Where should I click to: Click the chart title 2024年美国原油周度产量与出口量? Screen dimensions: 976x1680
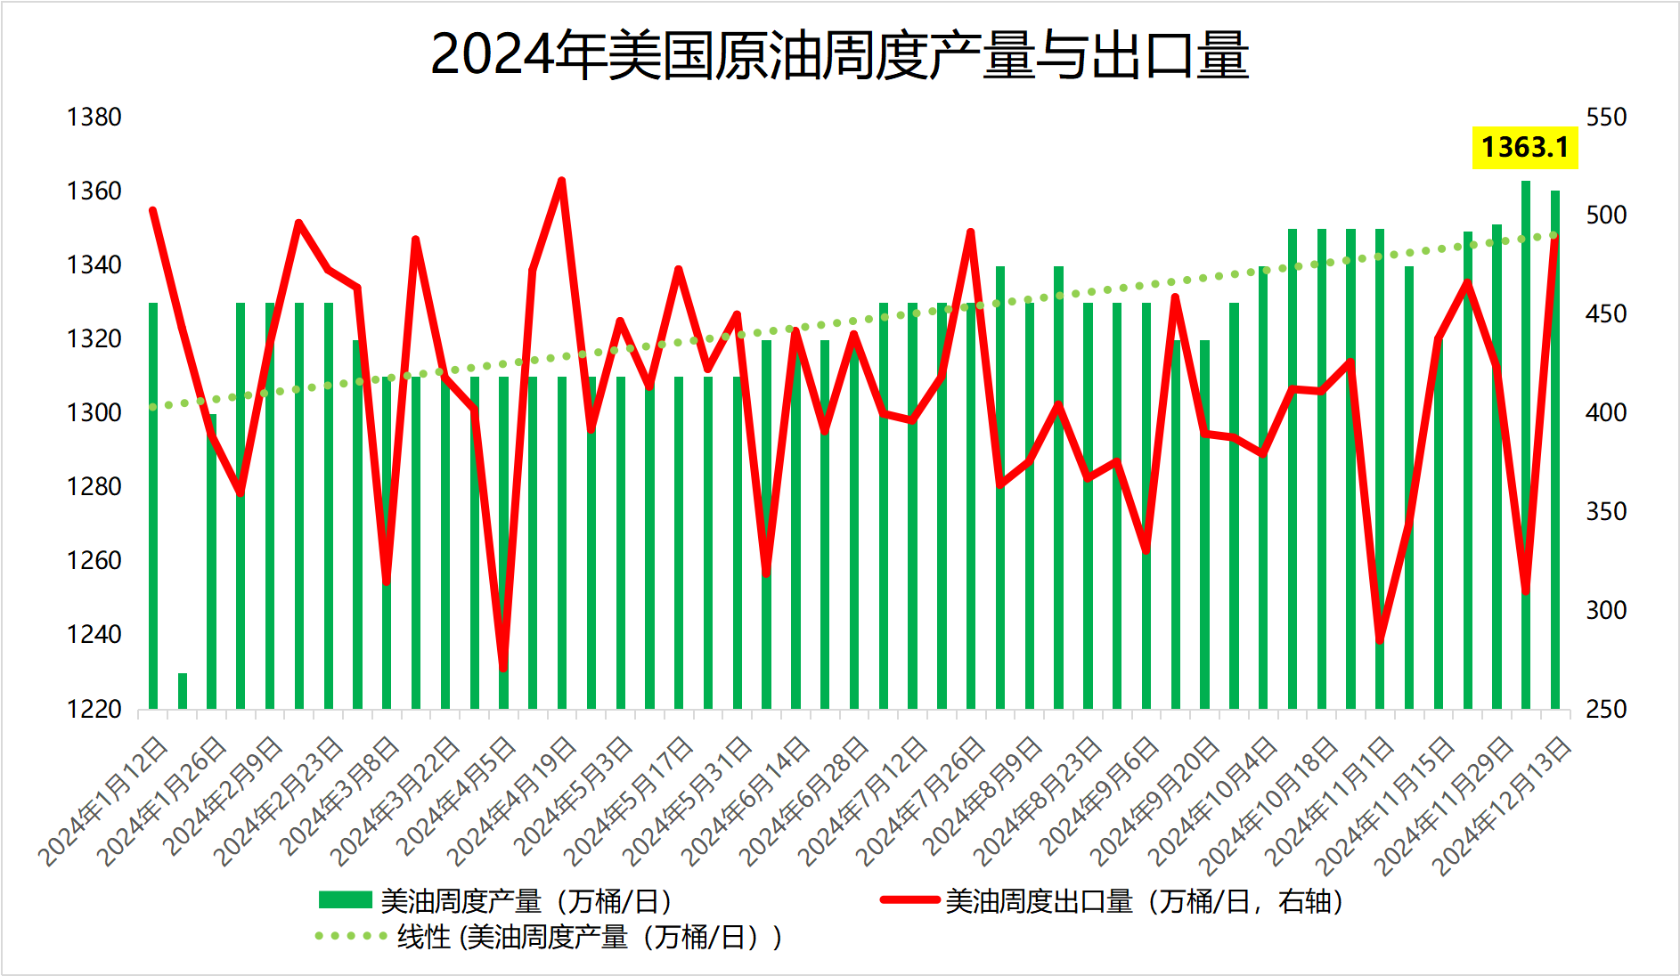(839, 55)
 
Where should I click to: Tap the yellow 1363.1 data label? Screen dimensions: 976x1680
(1524, 147)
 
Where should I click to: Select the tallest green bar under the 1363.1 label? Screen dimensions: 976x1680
(1526, 445)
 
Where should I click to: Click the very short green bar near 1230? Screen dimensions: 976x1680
(183, 690)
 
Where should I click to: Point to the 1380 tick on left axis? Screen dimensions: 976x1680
(94, 118)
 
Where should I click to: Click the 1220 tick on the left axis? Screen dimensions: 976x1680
(94, 709)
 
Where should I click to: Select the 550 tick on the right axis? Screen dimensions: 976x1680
(1606, 118)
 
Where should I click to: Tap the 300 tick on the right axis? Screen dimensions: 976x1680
(1606, 611)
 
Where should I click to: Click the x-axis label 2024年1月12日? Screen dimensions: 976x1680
(104, 801)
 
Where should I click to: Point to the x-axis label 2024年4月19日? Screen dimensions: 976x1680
(513, 801)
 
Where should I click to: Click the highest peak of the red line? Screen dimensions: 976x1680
(561, 181)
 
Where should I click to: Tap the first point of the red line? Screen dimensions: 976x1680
(153, 211)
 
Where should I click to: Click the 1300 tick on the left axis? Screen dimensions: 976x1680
(94, 413)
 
